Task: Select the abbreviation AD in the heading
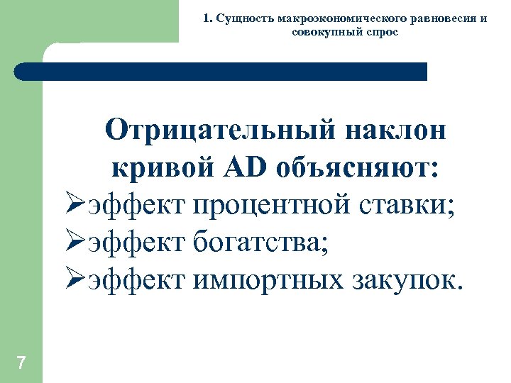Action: click(246, 170)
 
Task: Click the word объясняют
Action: click(358, 170)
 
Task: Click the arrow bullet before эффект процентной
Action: click(75, 207)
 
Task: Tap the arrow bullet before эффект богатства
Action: click(75, 245)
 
